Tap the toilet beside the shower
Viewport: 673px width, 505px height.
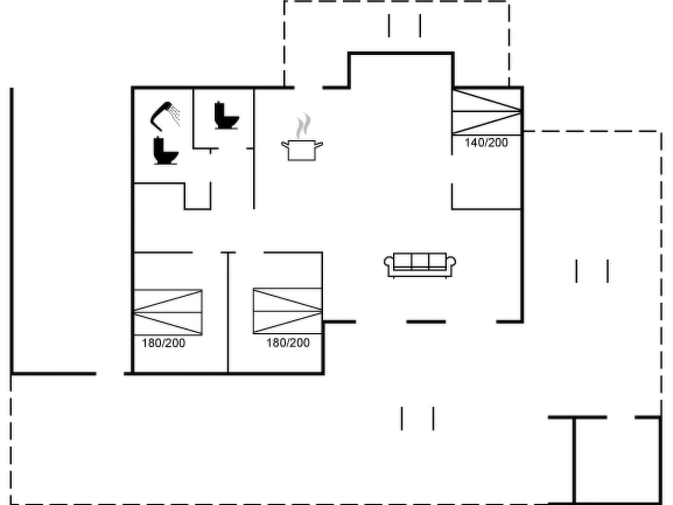(x=166, y=151)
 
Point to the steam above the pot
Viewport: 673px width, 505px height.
(x=303, y=126)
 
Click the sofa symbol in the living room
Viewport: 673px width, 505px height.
(x=420, y=265)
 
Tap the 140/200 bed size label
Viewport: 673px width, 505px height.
(x=486, y=143)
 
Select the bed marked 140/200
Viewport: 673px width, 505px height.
(x=486, y=112)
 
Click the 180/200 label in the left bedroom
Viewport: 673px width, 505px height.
(x=163, y=343)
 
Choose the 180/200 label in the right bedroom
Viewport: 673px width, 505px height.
(x=288, y=343)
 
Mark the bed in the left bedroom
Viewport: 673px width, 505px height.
(x=168, y=312)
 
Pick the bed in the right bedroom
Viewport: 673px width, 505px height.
(x=288, y=311)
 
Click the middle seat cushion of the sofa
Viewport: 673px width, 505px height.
(x=420, y=261)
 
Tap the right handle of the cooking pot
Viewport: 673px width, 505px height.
(x=319, y=144)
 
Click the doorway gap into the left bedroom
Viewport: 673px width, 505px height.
(x=206, y=252)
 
